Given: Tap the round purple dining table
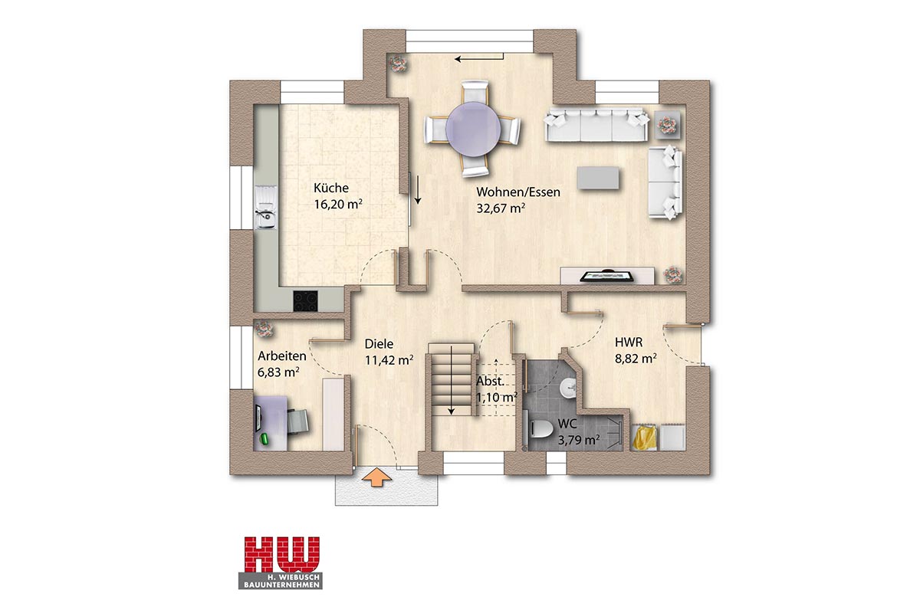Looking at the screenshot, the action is coord(473,129).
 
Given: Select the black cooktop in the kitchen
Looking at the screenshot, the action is coord(306,301).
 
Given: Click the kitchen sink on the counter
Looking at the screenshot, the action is coord(266,208).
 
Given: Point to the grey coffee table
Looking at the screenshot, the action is coord(598,177).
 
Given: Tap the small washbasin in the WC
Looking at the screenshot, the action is coord(569,387).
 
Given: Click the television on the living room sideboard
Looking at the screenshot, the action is coord(606,276).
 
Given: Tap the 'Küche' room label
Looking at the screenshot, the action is coord(331,188).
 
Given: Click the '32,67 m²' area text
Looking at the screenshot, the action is coord(501,208).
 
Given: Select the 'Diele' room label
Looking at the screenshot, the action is coord(379,343).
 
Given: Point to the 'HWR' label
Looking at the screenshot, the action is coord(629,342).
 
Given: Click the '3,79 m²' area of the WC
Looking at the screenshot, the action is coord(579,440).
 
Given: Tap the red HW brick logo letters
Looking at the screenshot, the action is coord(282,555).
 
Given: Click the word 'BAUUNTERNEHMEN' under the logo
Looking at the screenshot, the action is coord(281,585).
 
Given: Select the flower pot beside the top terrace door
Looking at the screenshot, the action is coord(398,64).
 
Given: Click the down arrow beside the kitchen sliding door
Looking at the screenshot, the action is coord(418,190).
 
